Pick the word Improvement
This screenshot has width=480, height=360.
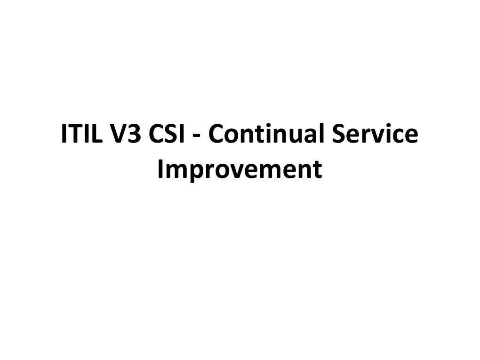[x=240, y=170]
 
